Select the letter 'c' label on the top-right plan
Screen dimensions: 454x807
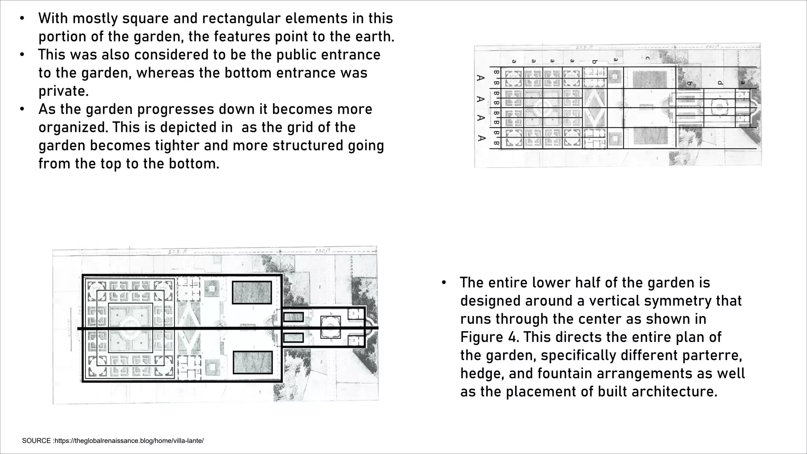pos(647,58)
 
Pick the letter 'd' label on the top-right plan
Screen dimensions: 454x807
pos(720,83)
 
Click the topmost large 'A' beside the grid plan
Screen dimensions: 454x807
pos(480,78)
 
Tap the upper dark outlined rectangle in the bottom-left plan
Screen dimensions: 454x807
pos(252,292)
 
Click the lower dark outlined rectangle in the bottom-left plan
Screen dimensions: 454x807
pos(253,362)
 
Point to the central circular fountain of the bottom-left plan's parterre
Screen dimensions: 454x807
pos(130,328)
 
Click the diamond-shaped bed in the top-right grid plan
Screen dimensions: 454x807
pos(595,107)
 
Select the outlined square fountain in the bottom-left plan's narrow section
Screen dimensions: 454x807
pos(330,327)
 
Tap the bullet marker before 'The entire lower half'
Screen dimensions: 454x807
pos(444,283)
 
